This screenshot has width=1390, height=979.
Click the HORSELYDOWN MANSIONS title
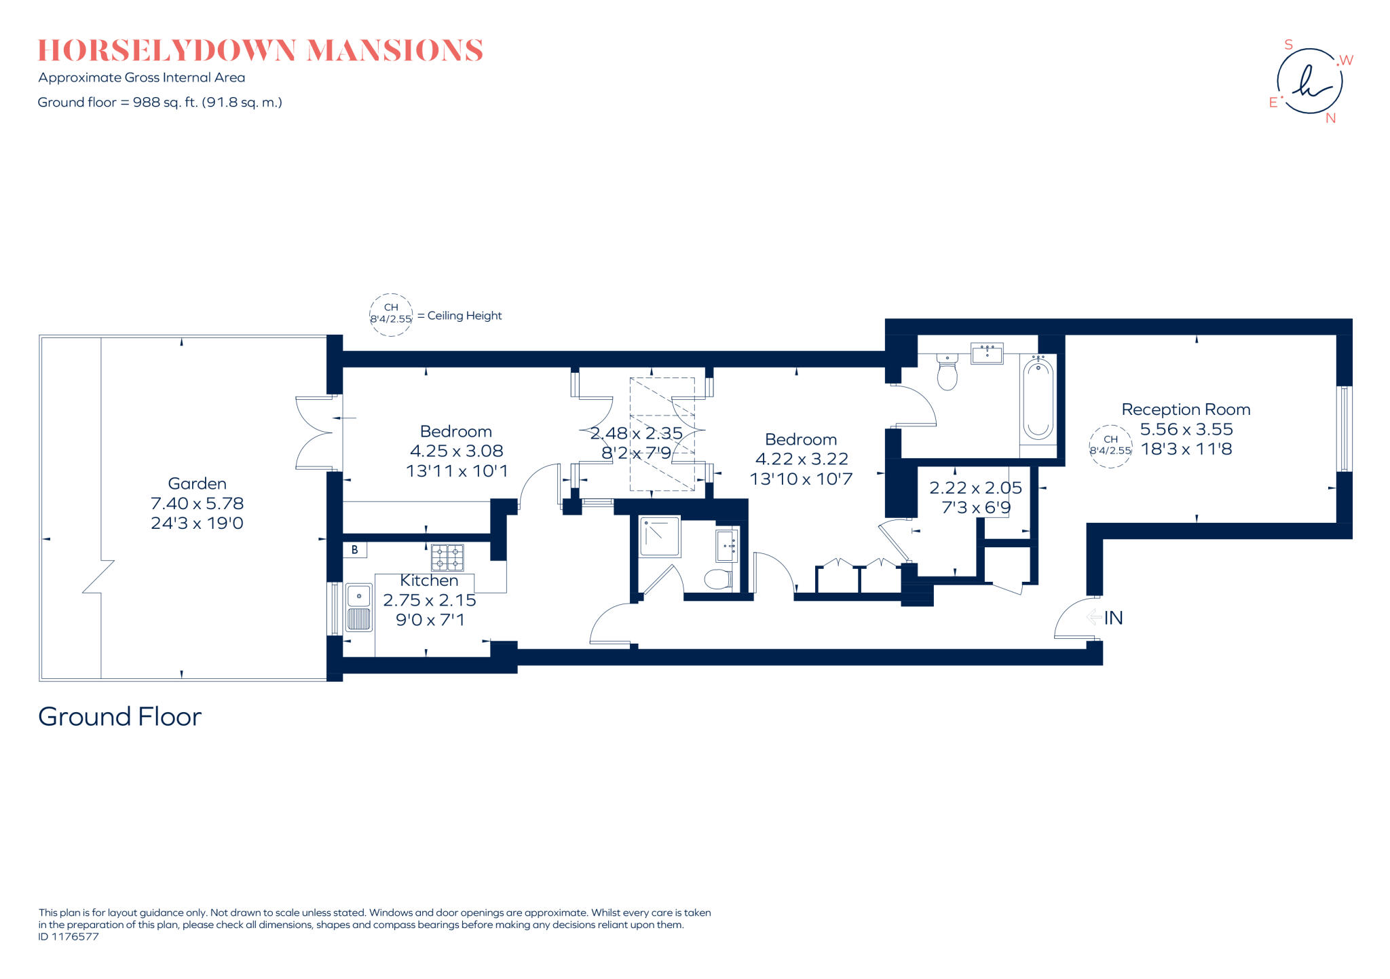(260, 51)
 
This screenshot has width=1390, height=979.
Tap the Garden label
(197, 483)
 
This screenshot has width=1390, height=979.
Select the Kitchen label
(429, 580)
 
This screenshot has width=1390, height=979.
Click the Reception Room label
(1186, 409)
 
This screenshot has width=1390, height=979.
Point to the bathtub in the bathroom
(1038, 399)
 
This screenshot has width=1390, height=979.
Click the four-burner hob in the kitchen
(447, 557)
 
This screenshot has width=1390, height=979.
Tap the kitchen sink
(359, 607)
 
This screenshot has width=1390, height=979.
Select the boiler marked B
(355, 550)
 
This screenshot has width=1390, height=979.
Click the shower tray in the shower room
(660, 536)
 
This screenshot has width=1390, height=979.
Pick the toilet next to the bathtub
(947, 371)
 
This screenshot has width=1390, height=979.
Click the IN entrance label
(1113, 618)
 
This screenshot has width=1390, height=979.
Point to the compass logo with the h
(1310, 81)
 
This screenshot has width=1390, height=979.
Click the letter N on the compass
(1330, 118)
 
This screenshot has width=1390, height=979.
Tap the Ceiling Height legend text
(464, 316)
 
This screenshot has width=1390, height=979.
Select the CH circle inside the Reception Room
(1110, 446)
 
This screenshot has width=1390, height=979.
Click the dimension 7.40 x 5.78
(197, 503)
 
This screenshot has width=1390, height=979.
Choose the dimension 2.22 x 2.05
(975, 487)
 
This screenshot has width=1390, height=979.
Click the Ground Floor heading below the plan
(120, 717)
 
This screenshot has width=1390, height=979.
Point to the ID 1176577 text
(69, 937)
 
